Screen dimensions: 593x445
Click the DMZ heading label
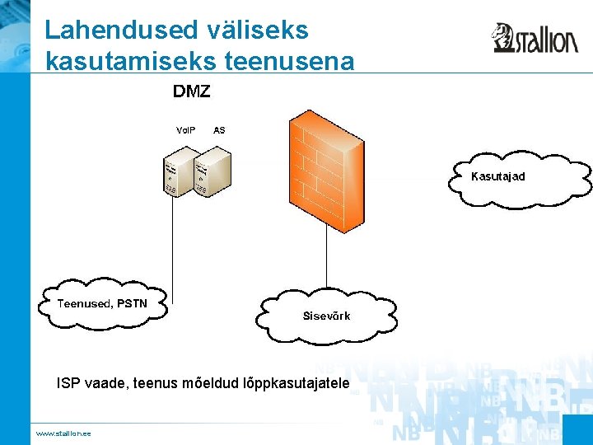(191, 91)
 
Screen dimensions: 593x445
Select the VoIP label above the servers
(186, 130)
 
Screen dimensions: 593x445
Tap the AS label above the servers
(219, 130)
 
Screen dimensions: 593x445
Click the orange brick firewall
(326, 173)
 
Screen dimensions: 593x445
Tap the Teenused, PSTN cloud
(102, 303)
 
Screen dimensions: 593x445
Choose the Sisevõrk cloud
(326, 316)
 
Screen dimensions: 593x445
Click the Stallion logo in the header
(535, 38)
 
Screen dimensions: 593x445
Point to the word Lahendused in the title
(120, 30)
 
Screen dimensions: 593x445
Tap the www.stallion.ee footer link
(63, 433)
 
